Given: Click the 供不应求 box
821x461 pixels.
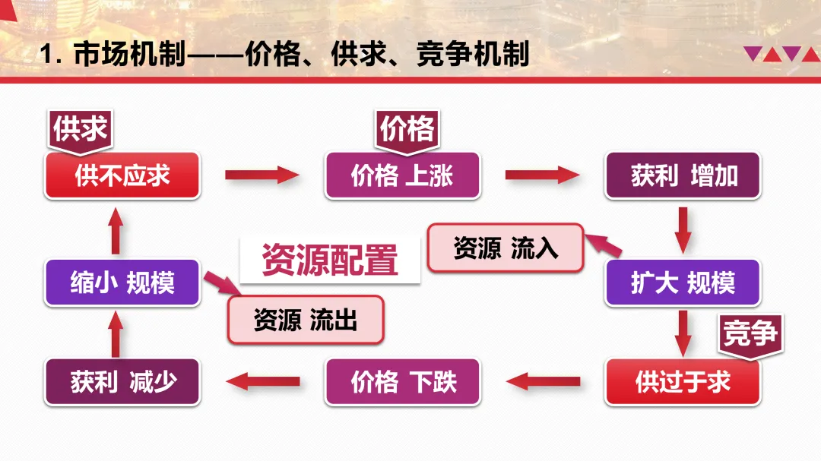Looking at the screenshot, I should pyautogui.click(x=122, y=175).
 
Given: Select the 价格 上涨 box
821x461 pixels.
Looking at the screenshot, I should pyautogui.click(x=402, y=175).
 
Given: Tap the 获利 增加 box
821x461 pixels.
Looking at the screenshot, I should pyautogui.click(x=683, y=175).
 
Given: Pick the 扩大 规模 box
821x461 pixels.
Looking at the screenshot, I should pyautogui.click(x=683, y=283).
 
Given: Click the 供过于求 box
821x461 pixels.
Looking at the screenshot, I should pyautogui.click(x=683, y=381).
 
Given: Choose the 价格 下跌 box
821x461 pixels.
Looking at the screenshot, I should pyautogui.click(x=402, y=381).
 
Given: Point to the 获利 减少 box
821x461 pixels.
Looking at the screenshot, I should pyautogui.click(x=122, y=381).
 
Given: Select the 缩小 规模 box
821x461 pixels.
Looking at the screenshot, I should pyautogui.click(x=122, y=283).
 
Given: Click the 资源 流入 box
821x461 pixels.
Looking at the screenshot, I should pyautogui.click(x=505, y=248).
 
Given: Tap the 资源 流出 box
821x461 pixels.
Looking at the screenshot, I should pyautogui.click(x=306, y=320).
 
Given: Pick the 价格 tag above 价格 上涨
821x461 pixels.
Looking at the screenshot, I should pyautogui.click(x=407, y=128).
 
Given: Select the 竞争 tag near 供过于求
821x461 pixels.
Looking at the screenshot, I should pyautogui.click(x=751, y=333).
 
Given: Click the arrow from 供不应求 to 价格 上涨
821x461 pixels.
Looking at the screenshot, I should pyautogui.click(x=262, y=175).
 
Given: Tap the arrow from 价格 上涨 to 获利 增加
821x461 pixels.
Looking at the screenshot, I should pyautogui.click(x=542, y=175).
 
